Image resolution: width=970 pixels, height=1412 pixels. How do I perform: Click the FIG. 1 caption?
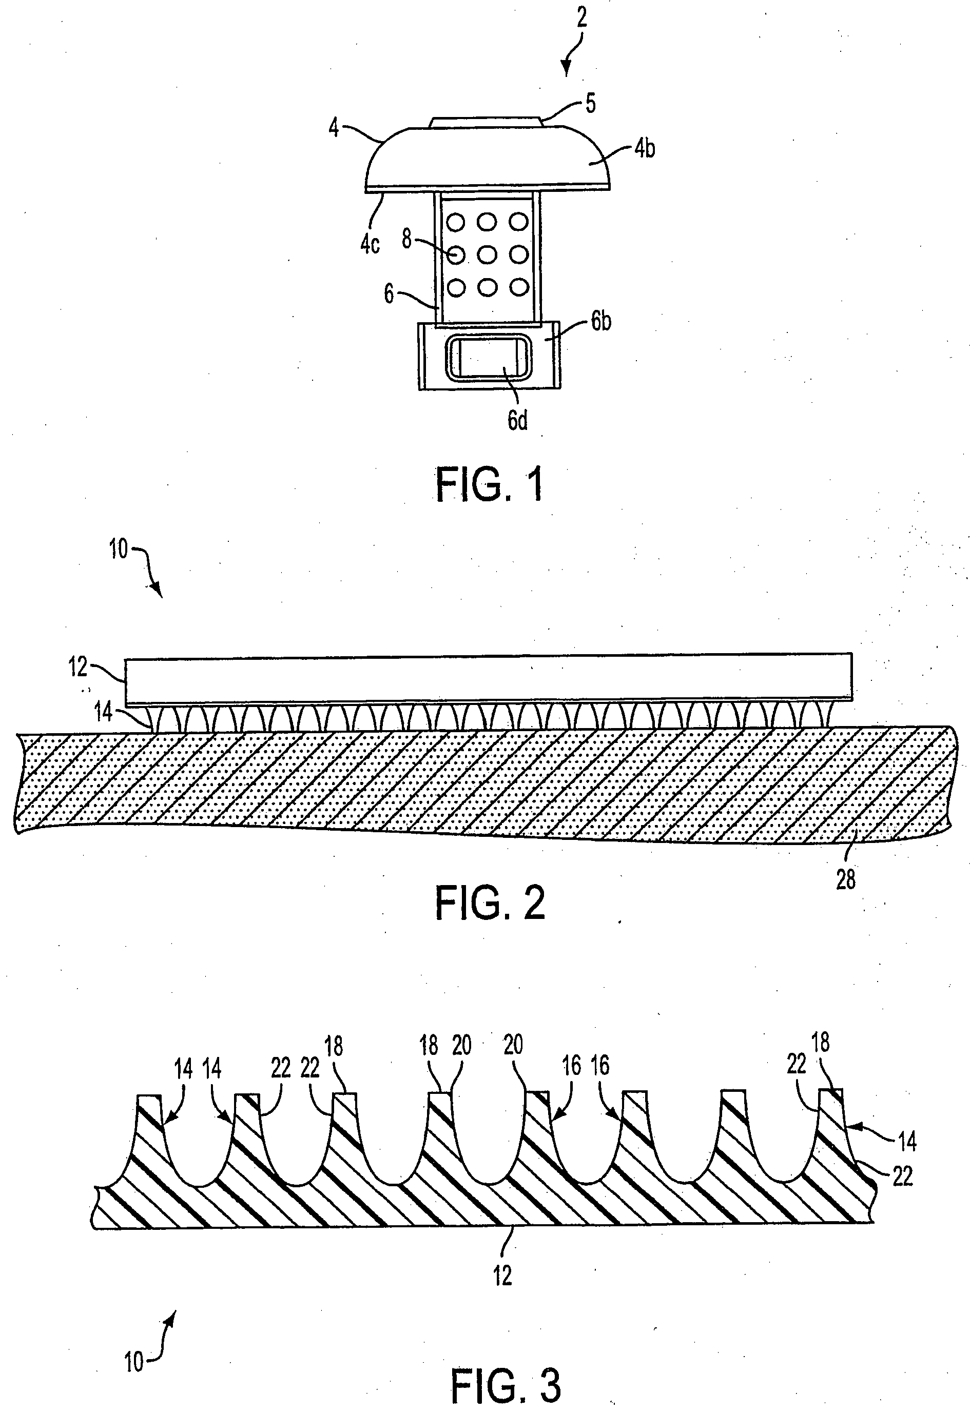(x=489, y=485)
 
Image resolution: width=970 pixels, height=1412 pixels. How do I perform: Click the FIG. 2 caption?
(x=490, y=904)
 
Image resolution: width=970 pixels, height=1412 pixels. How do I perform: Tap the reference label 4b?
(x=645, y=149)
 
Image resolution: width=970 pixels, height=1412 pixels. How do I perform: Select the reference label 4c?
(x=370, y=244)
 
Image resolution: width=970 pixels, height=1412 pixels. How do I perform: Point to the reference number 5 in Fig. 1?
(x=590, y=104)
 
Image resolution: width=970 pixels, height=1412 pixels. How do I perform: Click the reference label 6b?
(x=601, y=321)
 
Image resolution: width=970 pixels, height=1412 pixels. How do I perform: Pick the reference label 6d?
(x=517, y=420)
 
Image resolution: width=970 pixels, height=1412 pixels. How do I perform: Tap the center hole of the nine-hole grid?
(x=487, y=255)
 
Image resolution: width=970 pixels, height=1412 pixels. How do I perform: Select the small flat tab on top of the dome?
(x=485, y=122)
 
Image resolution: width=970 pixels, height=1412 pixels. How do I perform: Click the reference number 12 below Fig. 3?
(x=502, y=1276)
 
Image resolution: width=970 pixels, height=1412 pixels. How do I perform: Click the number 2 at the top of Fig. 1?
(x=581, y=18)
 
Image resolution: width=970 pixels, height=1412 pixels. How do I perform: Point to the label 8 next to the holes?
(x=407, y=240)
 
